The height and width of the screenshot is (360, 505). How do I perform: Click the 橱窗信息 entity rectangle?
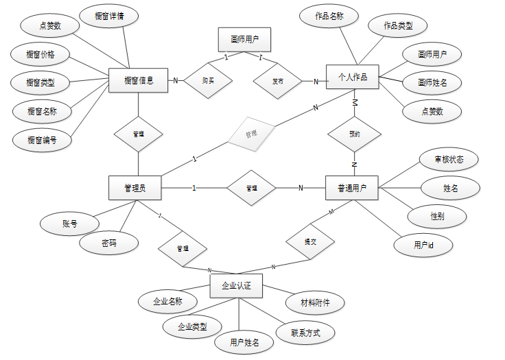coord(139,80)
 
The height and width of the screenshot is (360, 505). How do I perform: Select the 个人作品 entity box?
coord(352,77)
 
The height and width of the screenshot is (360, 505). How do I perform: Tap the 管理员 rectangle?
coord(134,187)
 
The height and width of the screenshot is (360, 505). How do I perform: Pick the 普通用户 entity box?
coord(351,187)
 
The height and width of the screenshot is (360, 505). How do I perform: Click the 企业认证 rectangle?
coord(236,286)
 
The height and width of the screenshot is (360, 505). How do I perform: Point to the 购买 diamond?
coord(208,81)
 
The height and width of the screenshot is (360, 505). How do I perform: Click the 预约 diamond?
coord(354,134)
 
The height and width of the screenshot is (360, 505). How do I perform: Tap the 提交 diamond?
coord(309,242)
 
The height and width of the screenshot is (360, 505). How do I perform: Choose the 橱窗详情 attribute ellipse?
coord(111,15)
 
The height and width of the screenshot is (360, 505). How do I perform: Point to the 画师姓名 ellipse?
coord(430,82)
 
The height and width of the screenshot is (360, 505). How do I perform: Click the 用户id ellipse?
coord(423,244)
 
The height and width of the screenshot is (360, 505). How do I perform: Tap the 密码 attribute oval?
coord(108,243)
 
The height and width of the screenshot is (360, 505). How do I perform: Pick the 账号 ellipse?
coord(69,223)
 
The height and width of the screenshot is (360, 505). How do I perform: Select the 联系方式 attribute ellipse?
coord(304,333)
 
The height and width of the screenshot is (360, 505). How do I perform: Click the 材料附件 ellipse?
coord(314,302)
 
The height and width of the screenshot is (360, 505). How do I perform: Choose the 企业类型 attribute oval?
coord(192,326)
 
